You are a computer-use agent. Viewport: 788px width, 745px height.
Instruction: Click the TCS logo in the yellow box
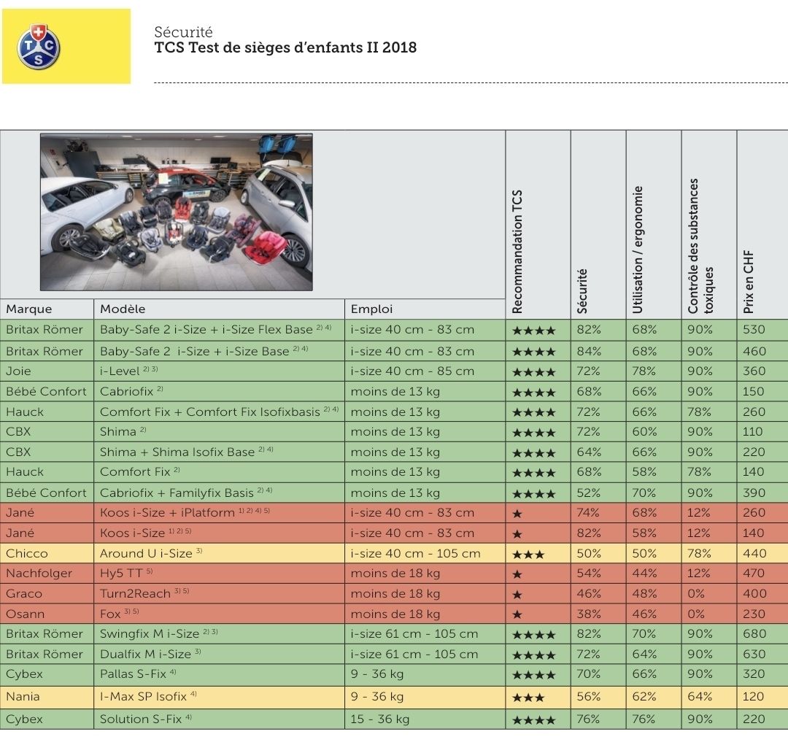coord(39,47)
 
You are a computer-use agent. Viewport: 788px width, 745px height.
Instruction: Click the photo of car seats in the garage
coord(177,212)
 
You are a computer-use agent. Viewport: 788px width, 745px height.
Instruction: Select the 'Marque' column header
coord(29,309)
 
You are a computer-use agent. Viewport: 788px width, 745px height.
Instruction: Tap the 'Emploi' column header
coord(371,309)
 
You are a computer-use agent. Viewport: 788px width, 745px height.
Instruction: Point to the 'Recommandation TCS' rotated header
coord(517,252)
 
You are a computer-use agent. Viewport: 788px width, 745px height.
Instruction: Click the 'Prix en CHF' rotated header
coord(749,282)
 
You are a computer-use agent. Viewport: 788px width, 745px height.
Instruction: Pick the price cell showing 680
coord(754,633)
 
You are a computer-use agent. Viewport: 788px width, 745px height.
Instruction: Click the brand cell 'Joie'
coord(18,371)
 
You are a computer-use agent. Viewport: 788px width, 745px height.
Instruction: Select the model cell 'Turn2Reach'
coord(135,594)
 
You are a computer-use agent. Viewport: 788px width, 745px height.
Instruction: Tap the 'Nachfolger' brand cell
coord(39,573)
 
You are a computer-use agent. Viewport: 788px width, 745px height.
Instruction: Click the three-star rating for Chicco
coord(528,555)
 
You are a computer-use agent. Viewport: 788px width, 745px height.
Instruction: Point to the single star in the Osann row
coord(517,615)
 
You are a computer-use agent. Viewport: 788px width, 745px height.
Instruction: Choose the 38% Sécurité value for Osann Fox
coord(589,614)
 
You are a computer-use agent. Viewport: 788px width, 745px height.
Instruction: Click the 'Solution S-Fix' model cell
coord(141,719)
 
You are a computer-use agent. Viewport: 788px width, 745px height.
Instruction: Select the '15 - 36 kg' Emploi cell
coord(380,719)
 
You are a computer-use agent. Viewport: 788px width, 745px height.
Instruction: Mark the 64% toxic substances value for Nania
coord(700,696)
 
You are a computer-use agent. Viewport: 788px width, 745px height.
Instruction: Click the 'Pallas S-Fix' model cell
coord(134,673)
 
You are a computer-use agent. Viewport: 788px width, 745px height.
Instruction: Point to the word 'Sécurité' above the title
coord(183,32)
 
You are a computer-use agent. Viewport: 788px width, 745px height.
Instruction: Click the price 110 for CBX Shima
coord(753,431)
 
